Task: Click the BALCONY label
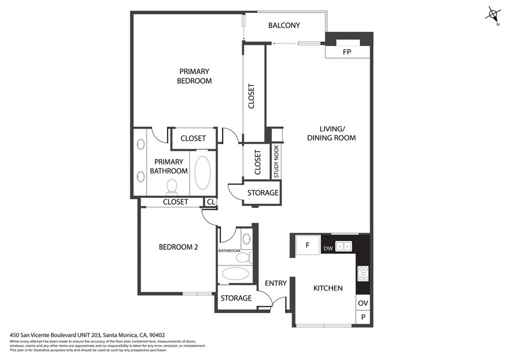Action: click(284, 25)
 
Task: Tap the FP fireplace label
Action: click(347, 52)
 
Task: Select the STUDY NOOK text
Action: click(276, 161)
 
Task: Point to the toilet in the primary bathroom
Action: click(171, 187)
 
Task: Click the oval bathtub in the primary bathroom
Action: click(203, 173)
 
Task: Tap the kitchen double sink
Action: click(343, 247)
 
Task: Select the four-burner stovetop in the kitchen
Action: click(363, 273)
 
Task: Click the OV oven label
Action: click(363, 303)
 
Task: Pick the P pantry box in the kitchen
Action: click(363, 317)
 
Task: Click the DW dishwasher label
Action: click(328, 249)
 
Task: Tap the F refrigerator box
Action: click(307, 245)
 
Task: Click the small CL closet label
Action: click(211, 202)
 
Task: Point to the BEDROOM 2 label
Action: click(178, 247)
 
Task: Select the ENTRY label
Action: click(275, 283)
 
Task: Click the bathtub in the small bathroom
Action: click(235, 274)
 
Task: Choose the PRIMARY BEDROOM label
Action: click(194, 76)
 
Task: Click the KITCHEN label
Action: click(328, 288)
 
